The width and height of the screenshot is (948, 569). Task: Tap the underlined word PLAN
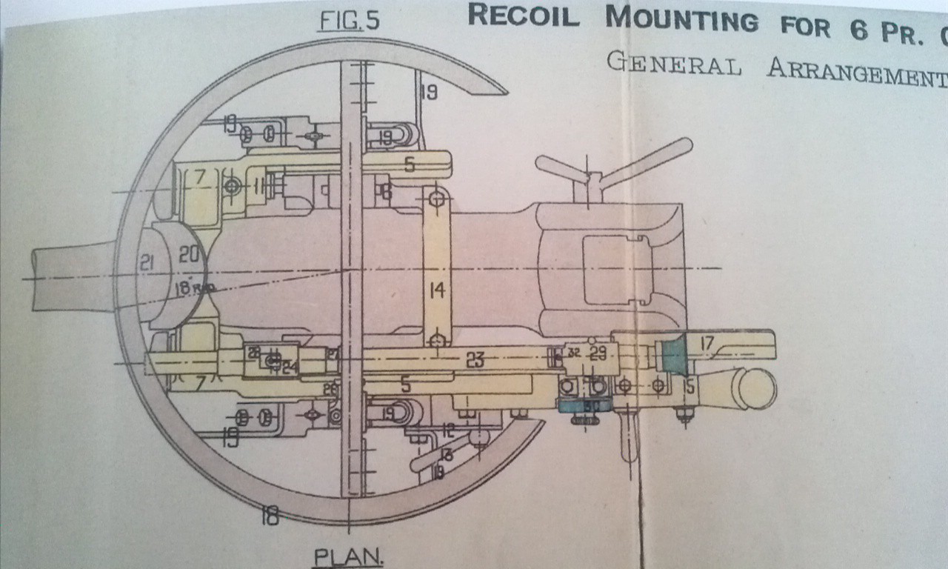coord(348,556)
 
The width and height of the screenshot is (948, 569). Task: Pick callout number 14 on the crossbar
coord(437,291)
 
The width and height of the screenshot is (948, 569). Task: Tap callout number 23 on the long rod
coord(475,361)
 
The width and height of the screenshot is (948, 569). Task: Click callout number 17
coord(707,343)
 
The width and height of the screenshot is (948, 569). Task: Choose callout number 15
coord(689,385)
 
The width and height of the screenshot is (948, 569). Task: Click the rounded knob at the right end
coord(755,387)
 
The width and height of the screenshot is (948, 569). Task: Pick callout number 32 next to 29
coord(574,353)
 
